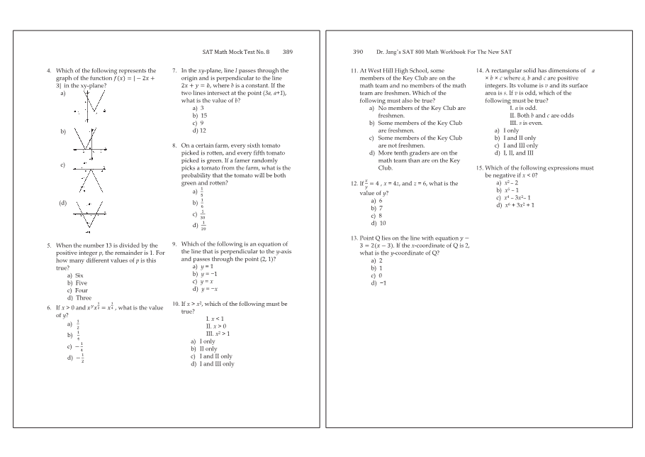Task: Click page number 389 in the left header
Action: point(288,52)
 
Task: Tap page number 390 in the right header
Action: point(357,52)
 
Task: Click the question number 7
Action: point(174,71)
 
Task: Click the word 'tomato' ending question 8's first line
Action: point(276,145)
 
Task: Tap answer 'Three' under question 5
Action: point(82,298)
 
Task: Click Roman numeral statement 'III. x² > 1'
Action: point(218,334)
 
